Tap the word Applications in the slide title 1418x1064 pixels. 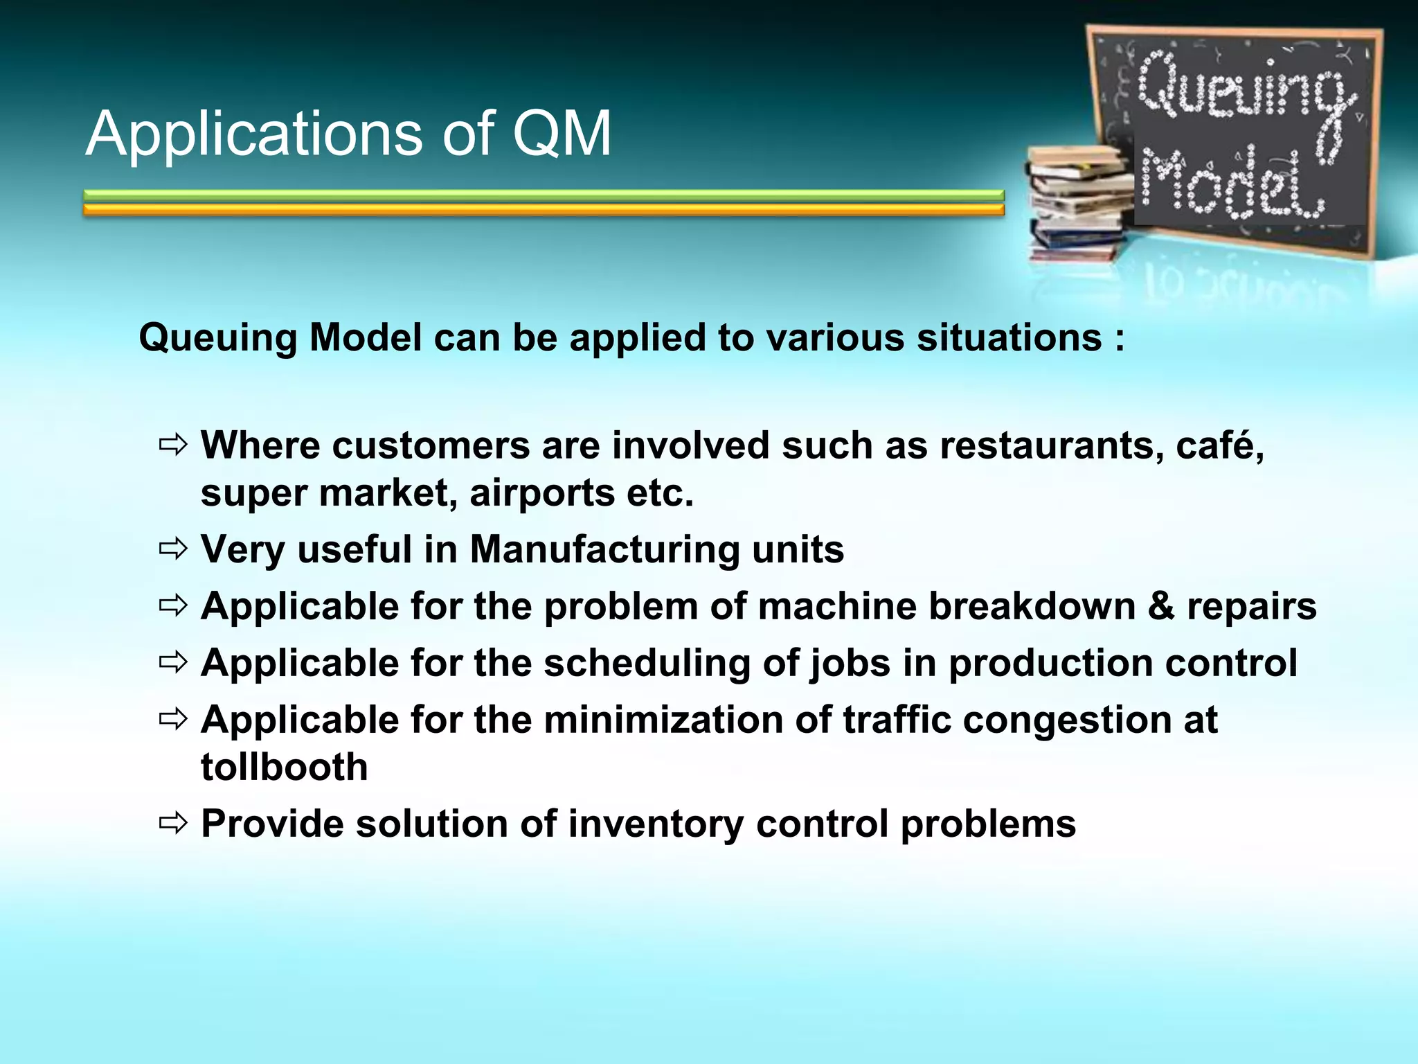[253, 135]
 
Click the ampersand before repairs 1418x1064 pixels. [1161, 607]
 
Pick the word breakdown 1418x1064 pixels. [1032, 607]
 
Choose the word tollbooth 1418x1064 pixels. [284, 768]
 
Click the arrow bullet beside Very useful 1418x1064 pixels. [173, 550]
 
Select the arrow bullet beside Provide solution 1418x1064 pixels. [173, 824]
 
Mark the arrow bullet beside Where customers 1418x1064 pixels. [173, 445]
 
